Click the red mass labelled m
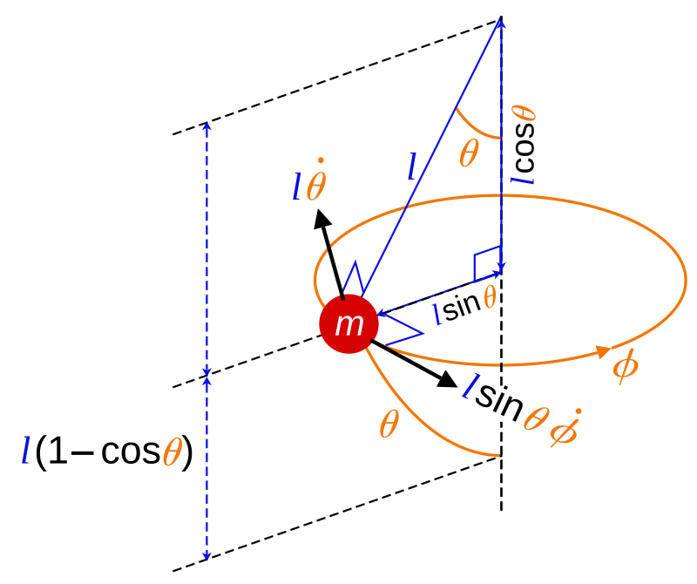(349, 324)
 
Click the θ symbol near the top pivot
(469, 155)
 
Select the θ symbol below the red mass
(389, 425)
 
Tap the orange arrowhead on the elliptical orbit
(601, 351)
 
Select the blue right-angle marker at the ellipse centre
(488, 262)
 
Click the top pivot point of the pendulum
(501, 19)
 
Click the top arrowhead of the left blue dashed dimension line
(206, 126)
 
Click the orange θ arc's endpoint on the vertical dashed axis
(501, 455)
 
